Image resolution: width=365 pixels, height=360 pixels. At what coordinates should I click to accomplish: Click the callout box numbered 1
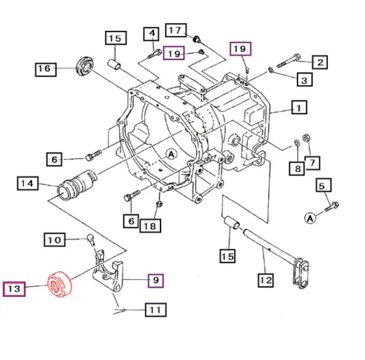point(298,109)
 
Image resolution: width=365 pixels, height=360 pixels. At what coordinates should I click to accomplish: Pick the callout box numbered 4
point(152,33)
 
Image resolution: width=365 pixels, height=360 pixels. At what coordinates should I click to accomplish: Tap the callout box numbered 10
point(54,239)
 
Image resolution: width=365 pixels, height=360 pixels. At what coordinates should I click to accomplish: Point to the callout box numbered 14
point(26,184)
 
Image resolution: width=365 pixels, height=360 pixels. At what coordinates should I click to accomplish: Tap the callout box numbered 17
point(176,29)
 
